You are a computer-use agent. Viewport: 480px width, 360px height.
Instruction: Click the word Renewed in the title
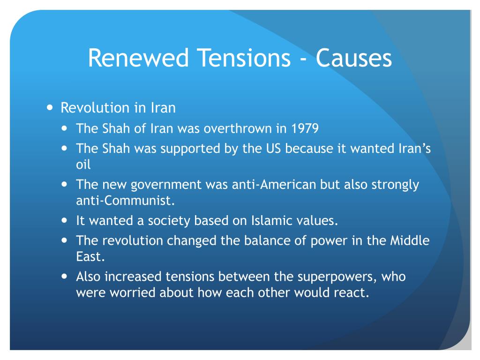click(x=138, y=58)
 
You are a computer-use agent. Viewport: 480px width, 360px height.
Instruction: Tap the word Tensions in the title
click(x=244, y=58)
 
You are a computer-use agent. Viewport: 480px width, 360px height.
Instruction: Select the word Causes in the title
click(x=353, y=58)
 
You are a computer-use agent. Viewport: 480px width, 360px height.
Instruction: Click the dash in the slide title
click(x=303, y=59)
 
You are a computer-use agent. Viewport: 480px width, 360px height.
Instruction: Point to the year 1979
click(x=305, y=128)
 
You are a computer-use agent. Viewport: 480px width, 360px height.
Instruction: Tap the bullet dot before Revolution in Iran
click(x=50, y=108)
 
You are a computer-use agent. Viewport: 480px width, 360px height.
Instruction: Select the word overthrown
click(x=238, y=128)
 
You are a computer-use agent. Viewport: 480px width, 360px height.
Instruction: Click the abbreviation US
click(x=273, y=149)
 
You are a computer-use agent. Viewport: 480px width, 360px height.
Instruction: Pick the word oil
click(x=83, y=165)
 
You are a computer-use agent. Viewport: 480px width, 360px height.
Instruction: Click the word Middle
click(x=410, y=240)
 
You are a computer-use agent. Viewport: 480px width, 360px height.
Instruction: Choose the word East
click(x=90, y=257)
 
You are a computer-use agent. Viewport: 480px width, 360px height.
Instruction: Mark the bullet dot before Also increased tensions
click(x=64, y=277)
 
